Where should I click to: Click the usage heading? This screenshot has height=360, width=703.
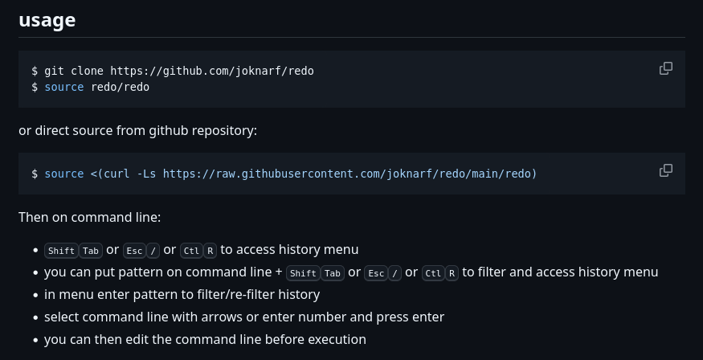pyautogui.click(x=47, y=20)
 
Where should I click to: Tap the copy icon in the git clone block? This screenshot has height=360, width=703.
pyautogui.click(x=665, y=68)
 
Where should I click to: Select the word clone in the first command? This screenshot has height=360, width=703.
pyautogui.click(x=87, y=71)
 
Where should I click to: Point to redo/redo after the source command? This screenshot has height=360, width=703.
pyautogui.click(x=120, y=87)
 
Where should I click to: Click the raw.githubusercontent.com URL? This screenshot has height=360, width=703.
pyautogui.click(x=349, y=174)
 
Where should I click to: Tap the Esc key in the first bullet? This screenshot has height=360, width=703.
pyautogui.click(x=133, y=250)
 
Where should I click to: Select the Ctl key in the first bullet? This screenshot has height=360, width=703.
pyautogui.click(x=190, y=250)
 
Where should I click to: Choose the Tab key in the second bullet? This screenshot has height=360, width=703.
pyautogui.click(x=333, y=272)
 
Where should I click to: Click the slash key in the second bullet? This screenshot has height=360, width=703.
pyautogui.click(x=394, y=272)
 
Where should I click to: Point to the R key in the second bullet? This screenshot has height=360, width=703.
pyautogui.click(x=452, y=272)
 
